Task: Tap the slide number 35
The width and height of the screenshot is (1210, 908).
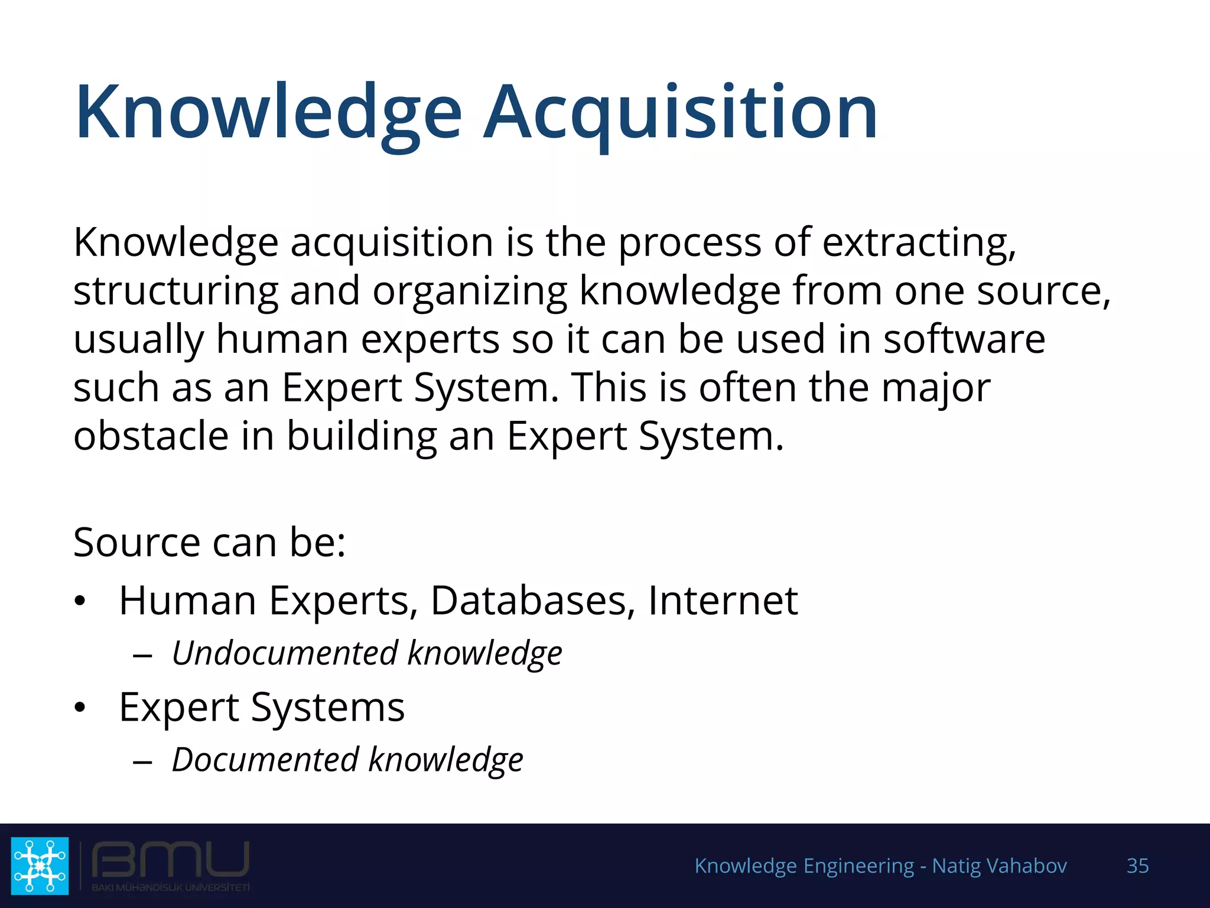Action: tap(1137, 865)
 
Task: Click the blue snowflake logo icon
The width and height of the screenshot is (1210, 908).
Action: tap(40, 865)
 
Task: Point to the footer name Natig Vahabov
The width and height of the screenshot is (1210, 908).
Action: tap(999, 865)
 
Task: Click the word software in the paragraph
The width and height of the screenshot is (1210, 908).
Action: tap(964, 339)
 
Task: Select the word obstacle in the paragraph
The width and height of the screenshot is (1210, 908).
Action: tap(151, 436)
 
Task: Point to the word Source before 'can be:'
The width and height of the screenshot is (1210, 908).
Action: tap(136, 542)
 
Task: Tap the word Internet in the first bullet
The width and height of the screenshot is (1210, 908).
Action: tap(723, 601)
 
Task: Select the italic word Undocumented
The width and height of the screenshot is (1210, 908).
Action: tap(285, 653)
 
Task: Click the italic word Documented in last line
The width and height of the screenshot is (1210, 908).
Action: tap(265, 760)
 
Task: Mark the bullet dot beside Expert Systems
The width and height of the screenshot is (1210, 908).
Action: tap(80, 707)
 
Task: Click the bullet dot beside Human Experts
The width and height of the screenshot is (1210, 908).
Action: tap(80, 602)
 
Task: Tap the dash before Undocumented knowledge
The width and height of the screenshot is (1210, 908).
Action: tap(142, 655)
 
